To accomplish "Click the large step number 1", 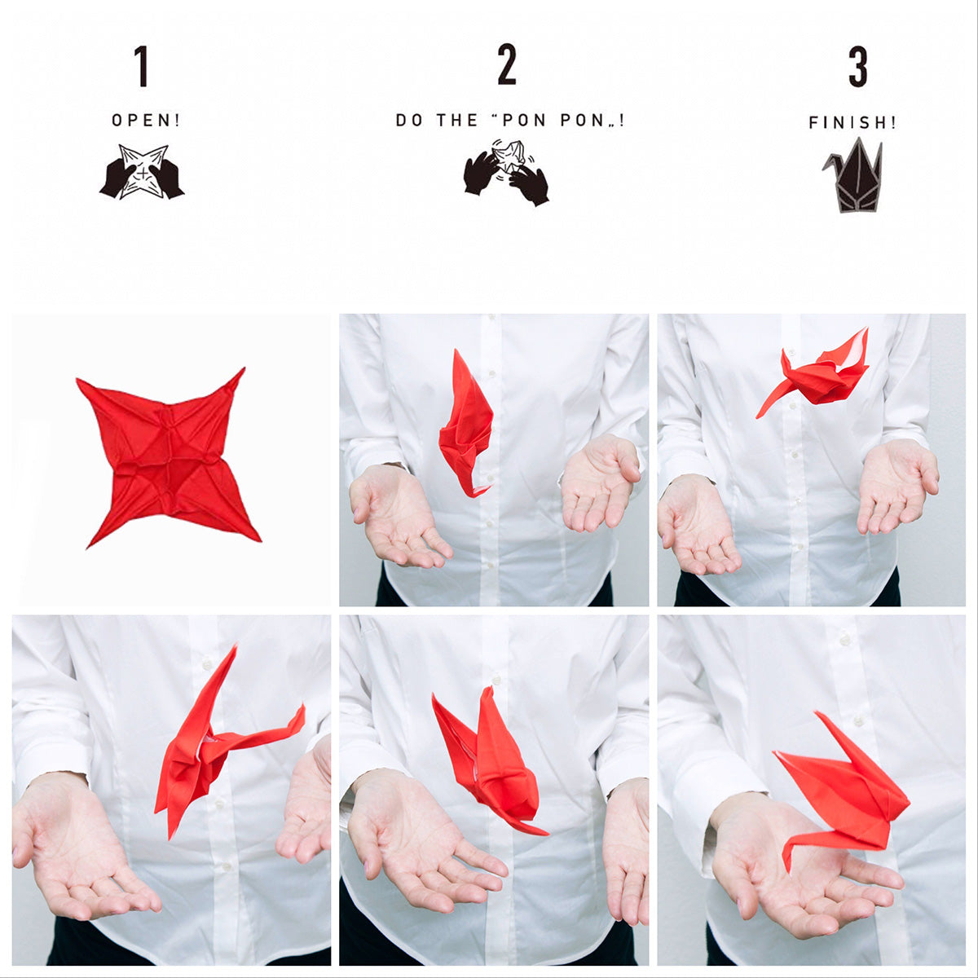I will pyautogui.click(x=142, y=66).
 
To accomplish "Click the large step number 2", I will pyautogui.click(x=507, y=65).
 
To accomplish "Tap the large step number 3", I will pyautogui.click(x=857, y=67).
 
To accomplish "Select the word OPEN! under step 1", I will pyautogui.click(x=146, y=121).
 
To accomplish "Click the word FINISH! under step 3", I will pyautogui.click(x=852, y=123).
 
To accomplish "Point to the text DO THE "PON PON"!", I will pyautogui.click(x=510, y=121).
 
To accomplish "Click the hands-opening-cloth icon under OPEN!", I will pyautogui.click(x=142, y=172).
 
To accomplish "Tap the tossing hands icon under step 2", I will pyautogui.click(x=506, y=172).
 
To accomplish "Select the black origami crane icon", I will pyautogui.click(x=852, y=176).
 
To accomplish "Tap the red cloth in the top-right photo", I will pyautogui.click(x=819, y=376).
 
